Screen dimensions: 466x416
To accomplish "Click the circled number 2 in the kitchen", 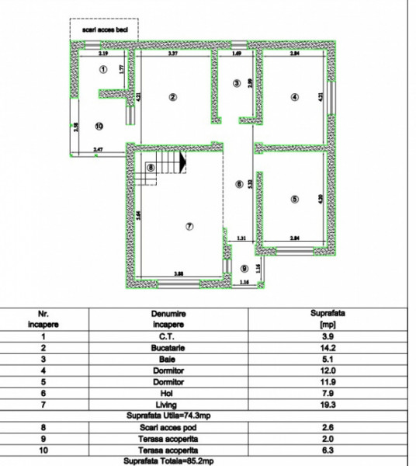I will tap(172, 97).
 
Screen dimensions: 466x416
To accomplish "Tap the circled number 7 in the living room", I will tap(188, 226).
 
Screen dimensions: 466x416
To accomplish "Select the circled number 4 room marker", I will tap(294, 97).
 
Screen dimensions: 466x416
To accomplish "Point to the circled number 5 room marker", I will tap(294, 200).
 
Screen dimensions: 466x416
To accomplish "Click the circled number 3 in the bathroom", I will tap(237, 84).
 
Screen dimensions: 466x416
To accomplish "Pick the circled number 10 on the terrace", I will tap(99, 125).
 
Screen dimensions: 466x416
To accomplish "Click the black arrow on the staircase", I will tap(183, 164).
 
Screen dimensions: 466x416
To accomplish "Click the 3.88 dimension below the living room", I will tap(179, 273).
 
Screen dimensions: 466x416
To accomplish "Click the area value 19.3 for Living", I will tap(326, 404).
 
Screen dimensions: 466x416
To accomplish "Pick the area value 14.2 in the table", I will tap(326, 349).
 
